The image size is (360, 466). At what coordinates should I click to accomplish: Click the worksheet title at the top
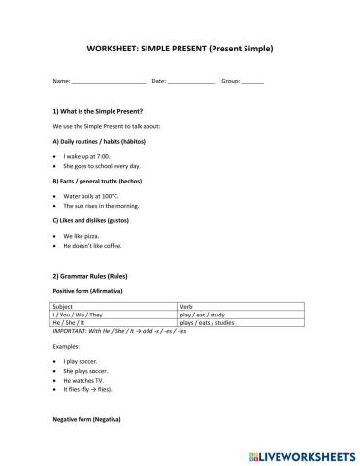[180, 48]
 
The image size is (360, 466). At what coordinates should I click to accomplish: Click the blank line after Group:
[252, 83]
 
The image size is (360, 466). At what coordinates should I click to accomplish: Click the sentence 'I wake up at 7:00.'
[86, 155]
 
